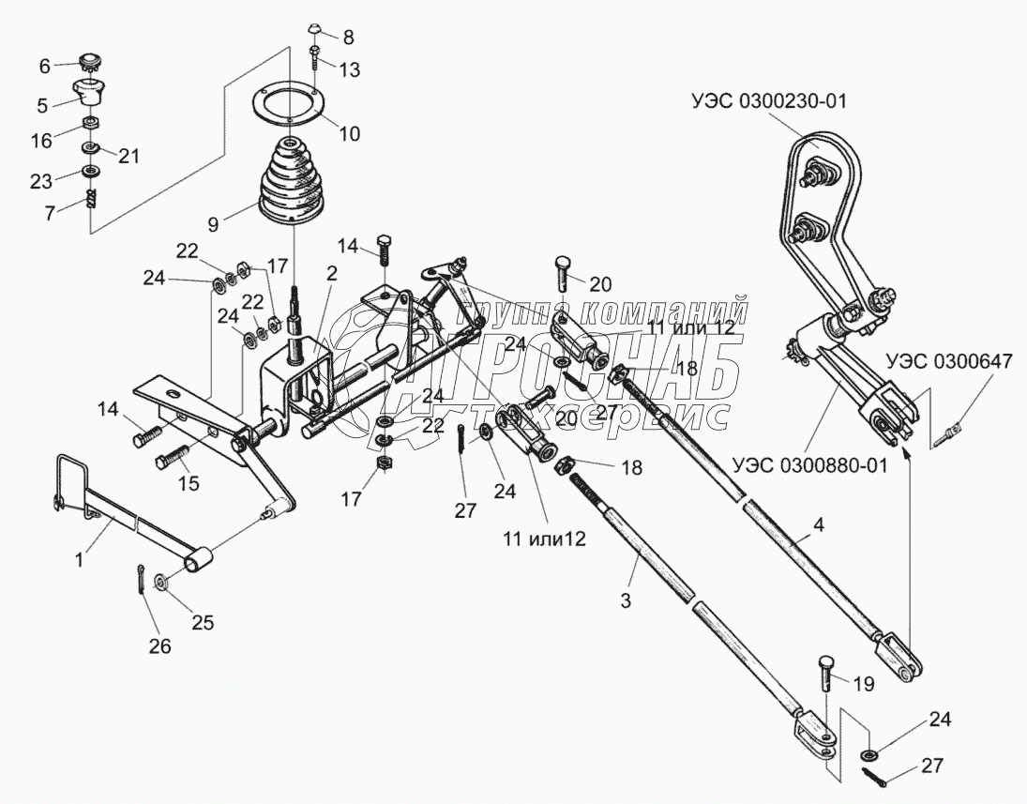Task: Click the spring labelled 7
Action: click(92, 200)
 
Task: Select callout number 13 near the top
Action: click(349, 69)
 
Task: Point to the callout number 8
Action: click(348, 38)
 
